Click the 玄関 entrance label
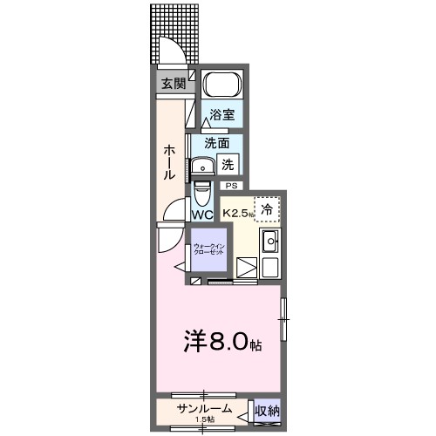[x=173, y=84]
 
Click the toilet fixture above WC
[x=201, y=191]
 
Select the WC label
[x=201, y=215]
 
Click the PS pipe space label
[x=231, y=186]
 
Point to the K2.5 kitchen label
[x=237, y=212]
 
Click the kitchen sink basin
[x=269, y=242]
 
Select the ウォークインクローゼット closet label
[x=208, y=249]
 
